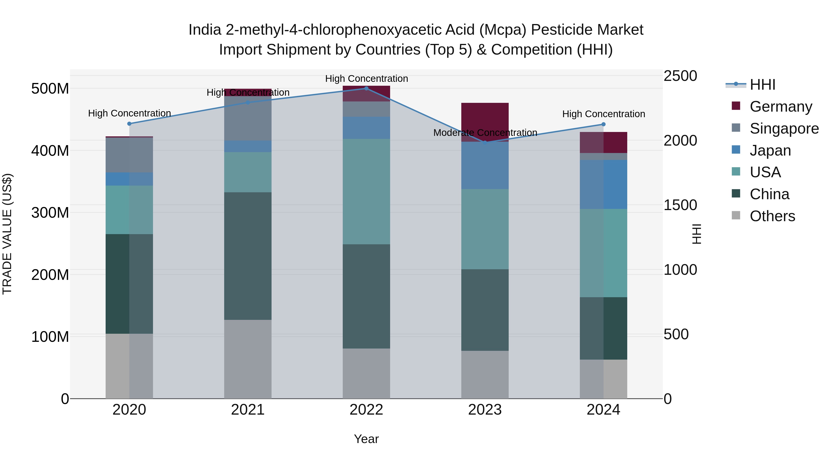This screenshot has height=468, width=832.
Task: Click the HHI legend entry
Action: click(762, 85)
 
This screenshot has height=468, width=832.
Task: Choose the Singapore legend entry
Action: click(784, 128)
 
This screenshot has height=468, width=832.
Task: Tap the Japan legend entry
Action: click(770, 150)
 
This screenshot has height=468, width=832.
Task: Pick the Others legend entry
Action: click(772, 216)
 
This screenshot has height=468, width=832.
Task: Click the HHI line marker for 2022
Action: click(366, 89)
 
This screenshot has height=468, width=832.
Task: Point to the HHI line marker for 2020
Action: click(129, 124)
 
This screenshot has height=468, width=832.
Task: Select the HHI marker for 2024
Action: click(603, 124)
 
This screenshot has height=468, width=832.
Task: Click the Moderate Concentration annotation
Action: click(485, 133)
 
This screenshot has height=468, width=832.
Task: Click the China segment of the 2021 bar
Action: click(248, 256)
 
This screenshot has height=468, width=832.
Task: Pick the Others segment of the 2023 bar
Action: click(485, 374)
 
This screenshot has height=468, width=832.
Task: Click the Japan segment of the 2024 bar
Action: click(603, 184)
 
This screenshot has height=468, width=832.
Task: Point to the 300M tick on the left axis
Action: click(50, 213)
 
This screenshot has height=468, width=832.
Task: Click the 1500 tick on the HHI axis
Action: click(680, 205)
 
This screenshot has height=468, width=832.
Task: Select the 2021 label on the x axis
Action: click(248, 410)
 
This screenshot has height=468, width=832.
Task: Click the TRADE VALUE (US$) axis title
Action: click(7, 234)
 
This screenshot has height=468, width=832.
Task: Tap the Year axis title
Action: click(366, 439)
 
